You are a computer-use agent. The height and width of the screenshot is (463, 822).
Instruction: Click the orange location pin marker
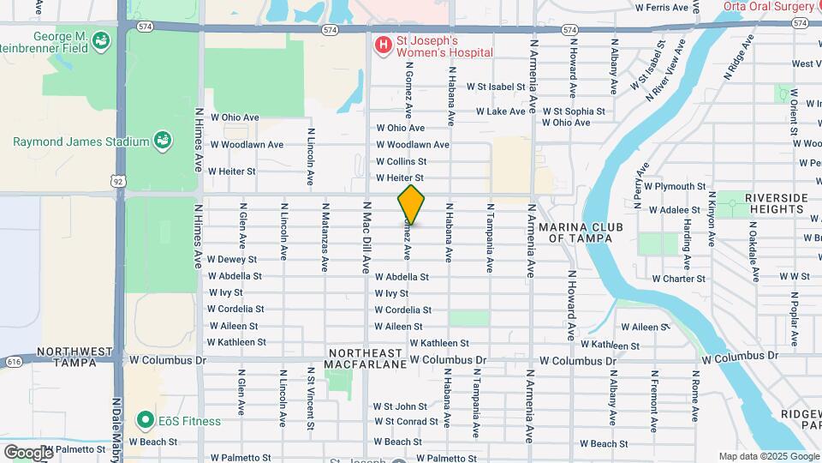coord(411,204)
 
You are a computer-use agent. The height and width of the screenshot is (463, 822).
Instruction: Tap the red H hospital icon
coord(382,43)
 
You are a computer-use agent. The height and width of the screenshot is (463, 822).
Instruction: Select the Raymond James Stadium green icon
coord(161,141)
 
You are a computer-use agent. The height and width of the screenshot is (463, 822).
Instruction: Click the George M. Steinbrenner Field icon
coord(101,39)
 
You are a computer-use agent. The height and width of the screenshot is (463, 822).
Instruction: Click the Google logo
coord(28,452)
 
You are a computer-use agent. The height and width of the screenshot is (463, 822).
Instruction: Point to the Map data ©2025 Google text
coord(768,456)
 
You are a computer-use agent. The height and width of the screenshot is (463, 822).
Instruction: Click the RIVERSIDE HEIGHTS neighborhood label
coord(776,204)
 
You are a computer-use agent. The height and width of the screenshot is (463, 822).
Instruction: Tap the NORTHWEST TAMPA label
coord(74,358)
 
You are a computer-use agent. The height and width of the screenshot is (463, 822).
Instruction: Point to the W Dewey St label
coord(232,259)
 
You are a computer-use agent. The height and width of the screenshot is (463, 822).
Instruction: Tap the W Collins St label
coord(401,161)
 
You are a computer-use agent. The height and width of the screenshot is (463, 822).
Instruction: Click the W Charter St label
coord(678,279)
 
